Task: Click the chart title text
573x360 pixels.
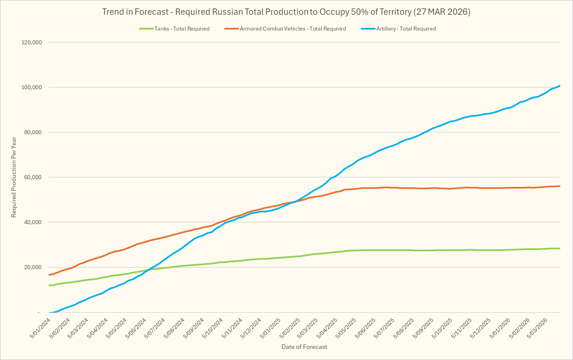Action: click(x=286, y=12)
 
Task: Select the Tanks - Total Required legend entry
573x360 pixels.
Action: click(x=182, y=29)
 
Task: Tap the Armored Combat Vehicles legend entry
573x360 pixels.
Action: click(x=293, y=29)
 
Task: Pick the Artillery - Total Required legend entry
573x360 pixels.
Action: click(x=406, y=29)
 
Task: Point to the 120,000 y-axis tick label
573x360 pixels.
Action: click(x=31, y=42)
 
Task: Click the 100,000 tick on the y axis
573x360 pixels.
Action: click(x=31, y=87)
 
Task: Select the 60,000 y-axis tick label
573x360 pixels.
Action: click(x=33, y=177)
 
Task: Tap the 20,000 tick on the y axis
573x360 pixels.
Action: click(x=33, y=267)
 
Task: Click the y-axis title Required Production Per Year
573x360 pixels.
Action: click(x=14, y=177)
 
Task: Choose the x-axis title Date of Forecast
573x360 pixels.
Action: click(x=304, y=347)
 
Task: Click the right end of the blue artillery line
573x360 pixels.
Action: click(x=560, y=86)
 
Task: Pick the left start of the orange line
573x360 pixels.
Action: click(x=50, y=275)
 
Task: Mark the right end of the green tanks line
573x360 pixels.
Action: click(x=560, y=248)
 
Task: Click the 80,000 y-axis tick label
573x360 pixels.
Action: click(x=33, y=132)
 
